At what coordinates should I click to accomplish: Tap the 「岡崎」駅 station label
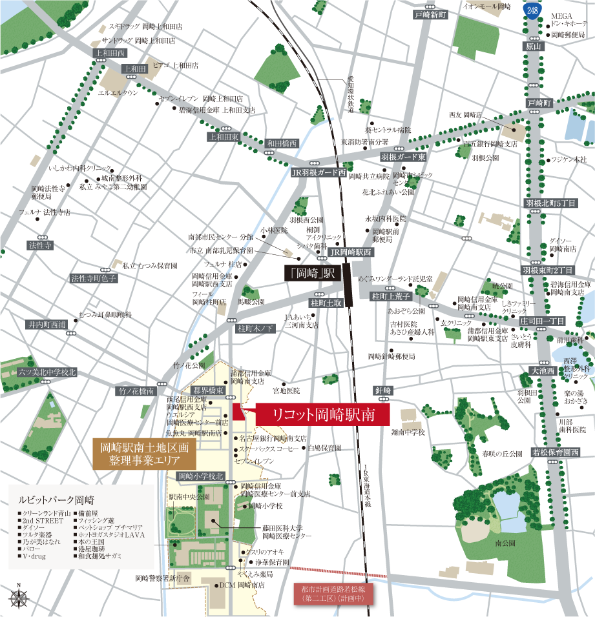point(312,273)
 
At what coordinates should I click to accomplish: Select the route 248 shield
point(532,10)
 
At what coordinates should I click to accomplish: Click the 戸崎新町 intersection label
point(431,14)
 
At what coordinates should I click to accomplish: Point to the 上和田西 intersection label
point(109,53)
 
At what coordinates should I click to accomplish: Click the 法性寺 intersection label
point(39,246)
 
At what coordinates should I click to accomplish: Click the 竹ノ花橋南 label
point(136,391)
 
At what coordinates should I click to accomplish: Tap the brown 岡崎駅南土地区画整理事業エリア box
point(144,454)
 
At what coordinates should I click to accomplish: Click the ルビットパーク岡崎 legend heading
point(56,500)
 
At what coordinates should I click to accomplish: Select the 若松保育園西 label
point(556,452)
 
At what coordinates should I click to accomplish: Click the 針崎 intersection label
point(383,390)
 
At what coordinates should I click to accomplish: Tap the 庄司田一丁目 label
point(542,321)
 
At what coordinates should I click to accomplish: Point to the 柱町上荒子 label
point(391,296)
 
